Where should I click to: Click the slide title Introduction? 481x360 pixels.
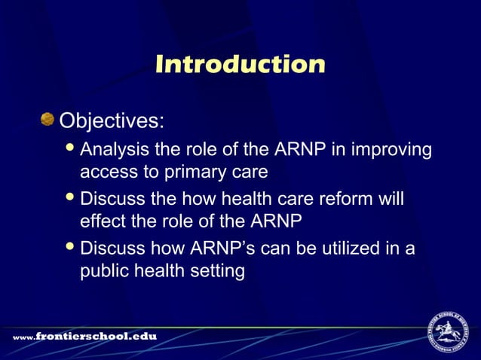pyautogui.click(x=240, y=65)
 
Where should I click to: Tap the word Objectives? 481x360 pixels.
pyautogui.click(x=112, y=121)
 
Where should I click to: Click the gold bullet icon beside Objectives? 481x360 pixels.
pyautogui.click(x=48, y=119)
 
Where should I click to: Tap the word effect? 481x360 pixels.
pyautogui.click(x=103, y=222)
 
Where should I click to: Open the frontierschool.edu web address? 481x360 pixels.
pyautogui.click(x=84, y=336)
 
